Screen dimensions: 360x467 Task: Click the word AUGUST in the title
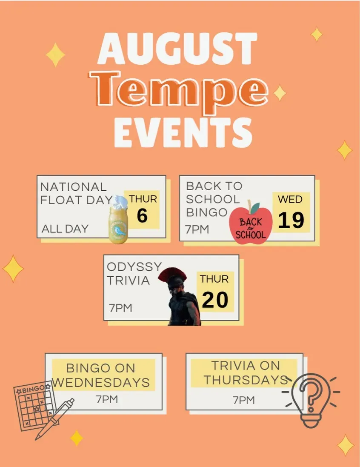tap(177, 49)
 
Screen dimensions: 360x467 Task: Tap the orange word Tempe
tap(179, 89)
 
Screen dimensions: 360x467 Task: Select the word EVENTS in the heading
tap(183, 132)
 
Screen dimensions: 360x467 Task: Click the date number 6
tap(142, 215)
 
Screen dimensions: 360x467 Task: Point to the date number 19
tap(291, 221)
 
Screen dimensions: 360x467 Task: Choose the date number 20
tap(215, 300)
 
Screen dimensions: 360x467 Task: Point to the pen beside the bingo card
tap(54, 419)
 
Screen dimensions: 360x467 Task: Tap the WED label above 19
tap(290, 199)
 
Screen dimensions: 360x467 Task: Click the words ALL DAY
tap(65, 229)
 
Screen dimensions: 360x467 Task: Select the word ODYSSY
tap(134, 266)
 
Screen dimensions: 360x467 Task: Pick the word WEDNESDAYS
tap(101, 382)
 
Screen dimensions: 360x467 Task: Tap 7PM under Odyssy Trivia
tap(120, 308)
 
